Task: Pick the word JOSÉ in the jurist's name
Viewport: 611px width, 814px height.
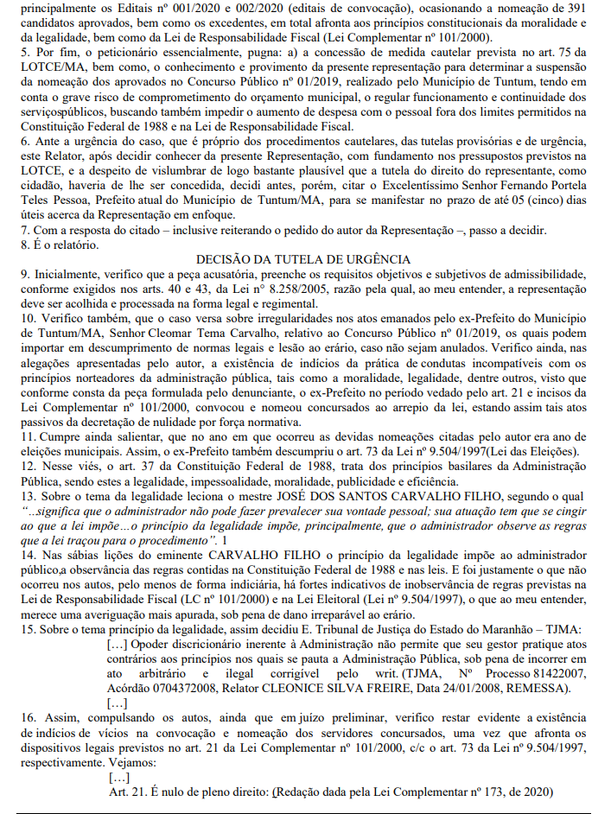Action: coord(320,496)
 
